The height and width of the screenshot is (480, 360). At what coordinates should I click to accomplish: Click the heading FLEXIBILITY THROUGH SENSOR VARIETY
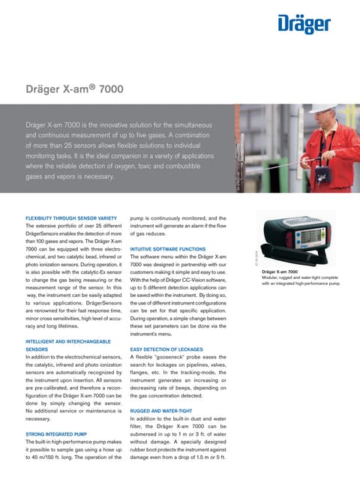pos(70,218)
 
